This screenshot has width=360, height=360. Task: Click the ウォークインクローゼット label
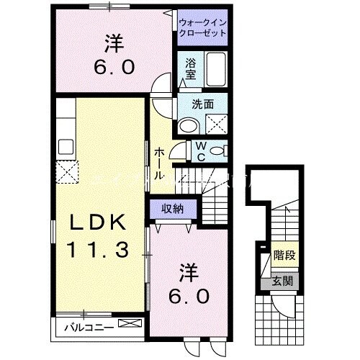tap(202, 27)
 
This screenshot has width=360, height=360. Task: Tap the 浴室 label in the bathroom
tap(190, 68)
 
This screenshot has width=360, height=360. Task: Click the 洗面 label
tap(202, 103)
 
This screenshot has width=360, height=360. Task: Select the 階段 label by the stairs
tap(284, 256)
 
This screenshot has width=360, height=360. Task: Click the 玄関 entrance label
tap(284, 280)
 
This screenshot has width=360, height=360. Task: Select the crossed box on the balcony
tap(130, 325)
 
